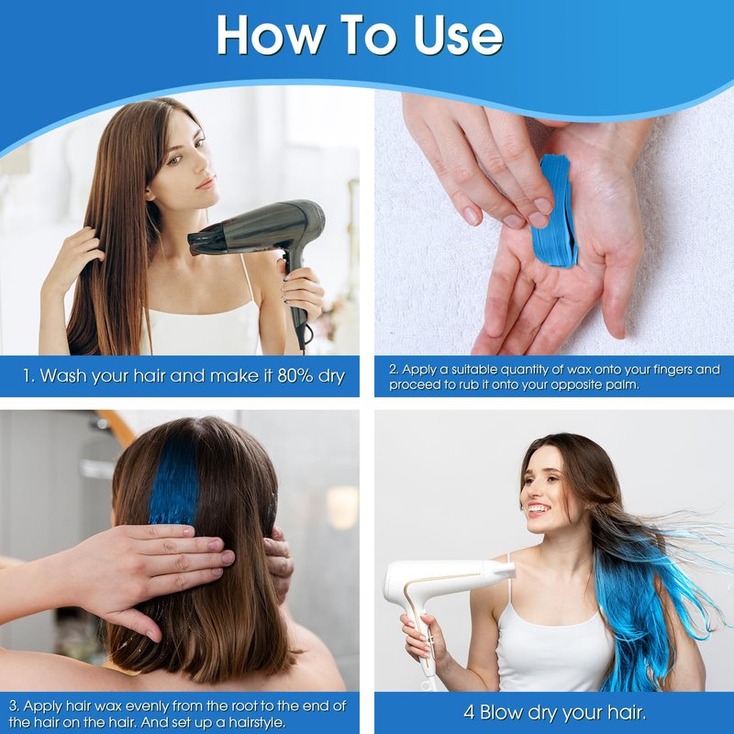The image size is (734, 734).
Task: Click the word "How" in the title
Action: click(272, 35)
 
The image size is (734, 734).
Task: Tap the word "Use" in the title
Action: click(459, 35)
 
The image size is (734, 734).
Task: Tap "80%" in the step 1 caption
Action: click(295, 376)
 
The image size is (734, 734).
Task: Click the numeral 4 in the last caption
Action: click(469, 713)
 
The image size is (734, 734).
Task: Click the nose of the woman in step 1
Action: click(203, 165)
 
